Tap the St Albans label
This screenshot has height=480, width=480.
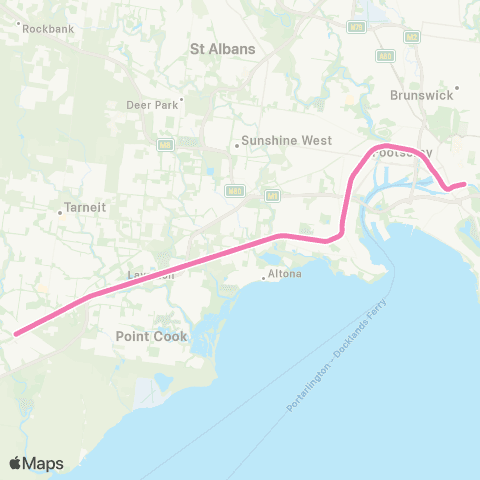(x=223, y=48)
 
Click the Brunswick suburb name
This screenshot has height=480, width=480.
(x=424, y=98)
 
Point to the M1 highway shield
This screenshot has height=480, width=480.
(x=271, y=195)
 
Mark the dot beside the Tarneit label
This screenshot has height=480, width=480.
(x=60, y=210)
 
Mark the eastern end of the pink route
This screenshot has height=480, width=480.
(x=464, y=183)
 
